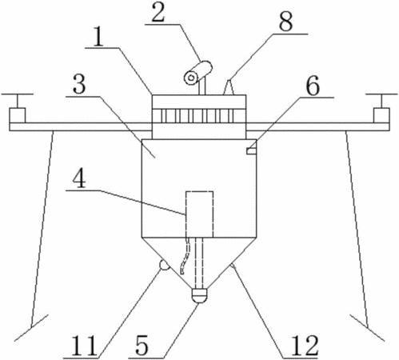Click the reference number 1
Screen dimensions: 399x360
pos(98,38)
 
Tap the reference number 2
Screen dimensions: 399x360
pos(158,13)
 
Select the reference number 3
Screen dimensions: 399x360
pos(79,84)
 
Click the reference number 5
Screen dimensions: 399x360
pos(142,346)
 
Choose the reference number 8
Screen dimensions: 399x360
pos(285,22)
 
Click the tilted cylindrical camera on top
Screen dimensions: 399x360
pos(198,73)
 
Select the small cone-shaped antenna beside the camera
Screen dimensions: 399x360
pos(228,87)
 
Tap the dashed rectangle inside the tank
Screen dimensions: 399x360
pos(200,214)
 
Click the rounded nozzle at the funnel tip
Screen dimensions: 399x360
pos(200,295)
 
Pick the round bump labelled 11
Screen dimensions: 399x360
pos(164,266)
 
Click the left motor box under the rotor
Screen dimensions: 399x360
pos(18,116)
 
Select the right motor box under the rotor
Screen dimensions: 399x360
pos(381,116)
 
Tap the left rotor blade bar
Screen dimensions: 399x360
pos(18,94)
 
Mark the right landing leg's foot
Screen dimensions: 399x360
pos(368,327)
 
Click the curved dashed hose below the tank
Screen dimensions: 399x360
pos(186,256)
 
